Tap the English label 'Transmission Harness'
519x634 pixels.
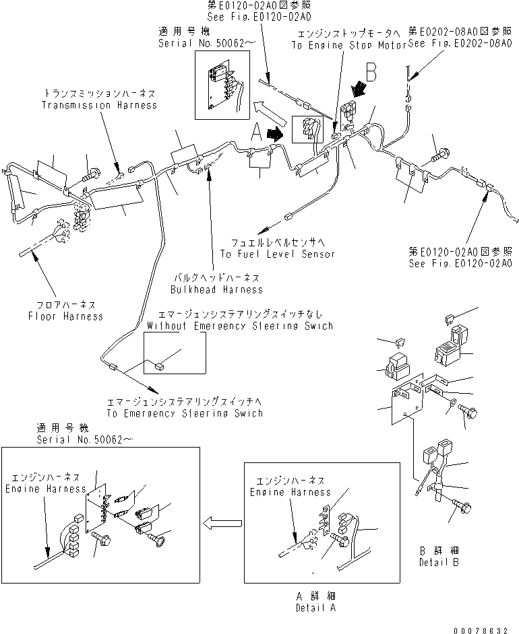click(x=99, y=105)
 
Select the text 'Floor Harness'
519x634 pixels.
click(x=65, y=316)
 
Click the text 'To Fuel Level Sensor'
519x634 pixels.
click(x=278, y=254)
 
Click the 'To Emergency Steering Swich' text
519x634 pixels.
click(x=184, y=413)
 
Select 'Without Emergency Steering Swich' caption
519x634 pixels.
click(x=239, y=326)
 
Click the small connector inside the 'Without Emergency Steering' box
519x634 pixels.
click(x=160, y=367)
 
